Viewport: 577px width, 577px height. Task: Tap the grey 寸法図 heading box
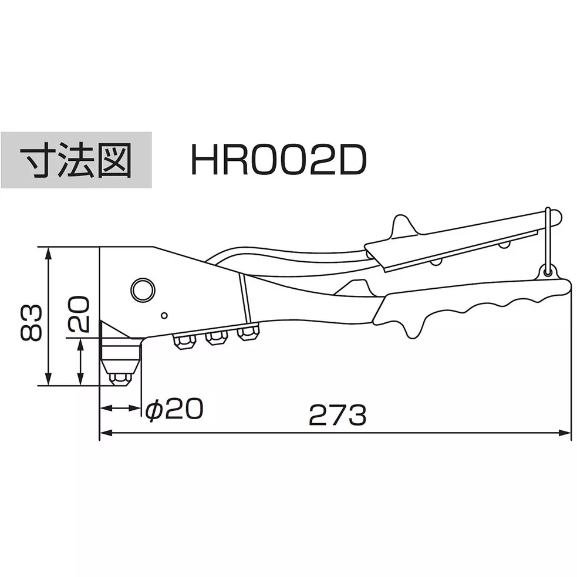pos(76,160)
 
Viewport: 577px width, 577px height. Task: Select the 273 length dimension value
pos(338,415)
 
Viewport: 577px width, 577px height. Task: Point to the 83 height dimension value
pos(31,322)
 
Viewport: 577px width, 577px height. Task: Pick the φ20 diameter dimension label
pos(174,408)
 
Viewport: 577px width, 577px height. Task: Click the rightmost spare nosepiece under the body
pos(247,334)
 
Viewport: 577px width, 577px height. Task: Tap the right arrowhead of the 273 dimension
pos(567,434)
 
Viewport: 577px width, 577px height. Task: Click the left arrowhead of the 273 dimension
pos(105,434)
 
